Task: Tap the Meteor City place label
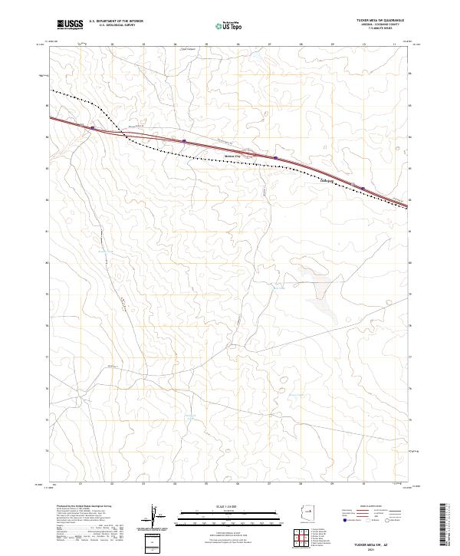pyautogui.click(x=232, y=156)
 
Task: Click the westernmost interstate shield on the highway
pyautogui.click(x=93, y=128)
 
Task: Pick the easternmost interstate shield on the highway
pyautogui.click(x=363, y=186)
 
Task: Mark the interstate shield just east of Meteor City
pyautogui.click(x=275, y=158)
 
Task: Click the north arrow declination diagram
pyautogui.click(x=153, y=518)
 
